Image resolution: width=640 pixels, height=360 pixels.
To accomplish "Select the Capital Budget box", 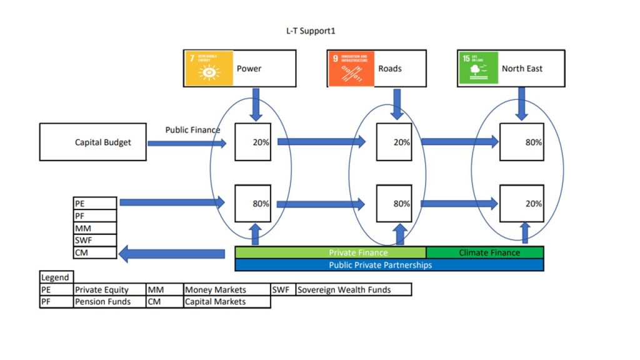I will [92, 142].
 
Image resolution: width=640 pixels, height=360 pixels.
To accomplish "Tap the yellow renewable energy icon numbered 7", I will [208, 68].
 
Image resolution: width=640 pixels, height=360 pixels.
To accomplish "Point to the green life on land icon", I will [478, 68].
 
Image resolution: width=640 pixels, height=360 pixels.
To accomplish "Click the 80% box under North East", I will [521, 142].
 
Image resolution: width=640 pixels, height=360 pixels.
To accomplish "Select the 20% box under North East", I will [521, 203].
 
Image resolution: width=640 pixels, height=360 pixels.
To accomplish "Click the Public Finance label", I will [192, 130].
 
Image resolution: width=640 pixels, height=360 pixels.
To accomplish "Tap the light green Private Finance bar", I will [330, 252].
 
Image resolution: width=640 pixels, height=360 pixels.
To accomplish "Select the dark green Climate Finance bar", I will [484, 252].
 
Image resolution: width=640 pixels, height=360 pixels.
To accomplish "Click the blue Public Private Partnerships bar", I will [389, 265].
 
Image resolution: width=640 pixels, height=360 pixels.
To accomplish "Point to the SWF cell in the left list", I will [95, 241].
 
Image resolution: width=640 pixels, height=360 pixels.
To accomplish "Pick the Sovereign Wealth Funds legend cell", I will [353, 289].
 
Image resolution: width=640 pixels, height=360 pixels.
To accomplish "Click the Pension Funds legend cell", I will [109, 302].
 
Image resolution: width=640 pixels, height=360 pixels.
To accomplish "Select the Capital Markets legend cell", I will [227, 302].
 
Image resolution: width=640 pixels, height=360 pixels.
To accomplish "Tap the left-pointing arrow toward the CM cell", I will [172, 254].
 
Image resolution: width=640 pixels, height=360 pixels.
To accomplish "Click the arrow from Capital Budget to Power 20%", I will [186, 144].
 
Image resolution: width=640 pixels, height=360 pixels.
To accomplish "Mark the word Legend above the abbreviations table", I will [56, 277].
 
